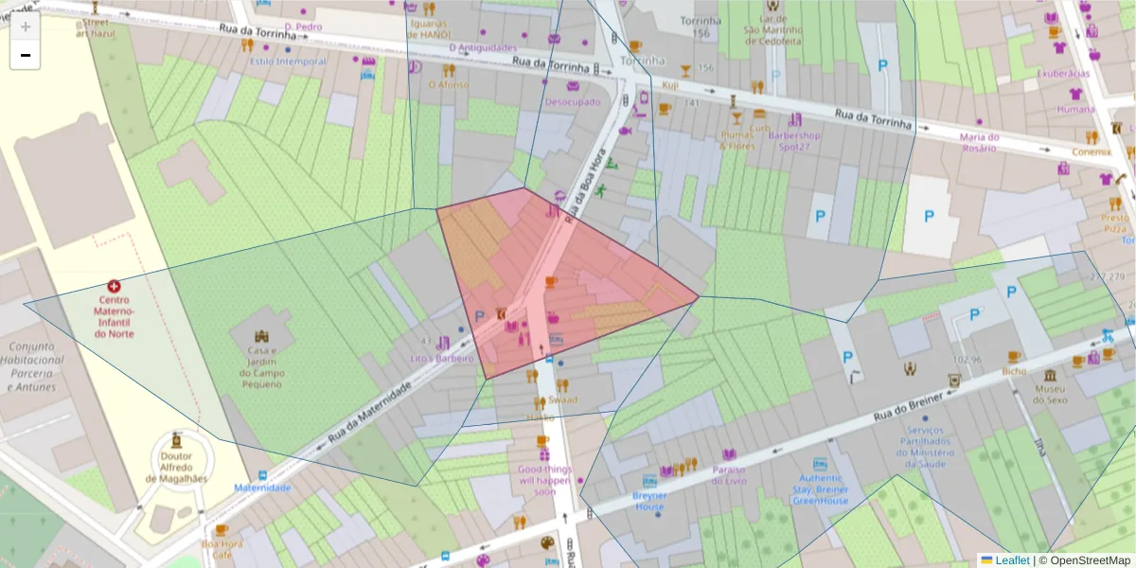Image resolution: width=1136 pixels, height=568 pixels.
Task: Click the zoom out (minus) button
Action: point(26,56)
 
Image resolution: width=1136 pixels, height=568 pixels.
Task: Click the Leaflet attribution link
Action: point(1011,560)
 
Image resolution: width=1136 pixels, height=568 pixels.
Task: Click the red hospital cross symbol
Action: point(115,286)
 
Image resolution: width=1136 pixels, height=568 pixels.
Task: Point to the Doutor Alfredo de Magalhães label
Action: point(177,467)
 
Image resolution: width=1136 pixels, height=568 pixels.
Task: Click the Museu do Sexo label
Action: point(1050,395)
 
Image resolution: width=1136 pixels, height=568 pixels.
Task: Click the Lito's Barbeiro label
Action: point(441,359)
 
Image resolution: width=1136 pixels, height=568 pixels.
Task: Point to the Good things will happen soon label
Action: point(544,480)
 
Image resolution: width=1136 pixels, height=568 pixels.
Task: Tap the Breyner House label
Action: point(649,501)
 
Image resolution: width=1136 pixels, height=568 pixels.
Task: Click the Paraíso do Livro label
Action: point(729,475)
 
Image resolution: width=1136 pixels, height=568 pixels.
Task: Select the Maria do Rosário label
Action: point(979,142)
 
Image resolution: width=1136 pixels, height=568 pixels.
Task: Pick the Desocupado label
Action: point(573,101)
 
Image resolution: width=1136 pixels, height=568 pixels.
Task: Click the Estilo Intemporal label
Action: point(287,62)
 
